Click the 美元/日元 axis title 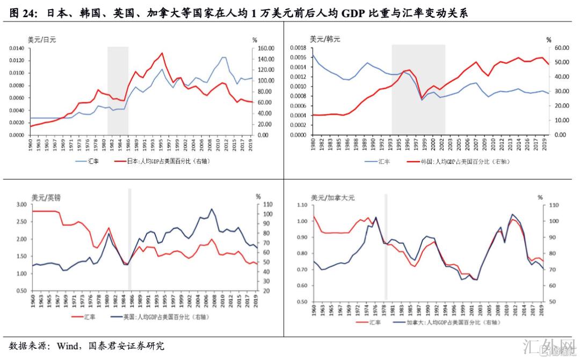click(x=42, y=39)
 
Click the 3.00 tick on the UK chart click(x=21, y=205)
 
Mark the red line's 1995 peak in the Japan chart click(x=162, y=53)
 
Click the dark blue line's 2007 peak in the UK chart click(x=212, y=209)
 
